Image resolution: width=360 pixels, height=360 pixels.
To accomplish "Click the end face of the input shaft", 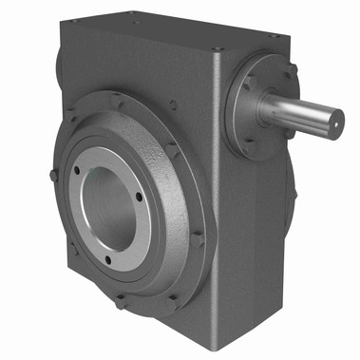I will point(334,120).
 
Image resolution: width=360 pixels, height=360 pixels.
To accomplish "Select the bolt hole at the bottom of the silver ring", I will point(107,258).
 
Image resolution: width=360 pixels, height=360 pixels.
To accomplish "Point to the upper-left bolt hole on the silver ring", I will point(77,172).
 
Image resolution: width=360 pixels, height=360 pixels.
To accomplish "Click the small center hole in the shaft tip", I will point(335,120).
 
